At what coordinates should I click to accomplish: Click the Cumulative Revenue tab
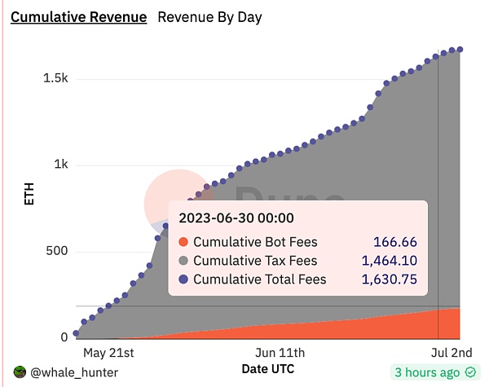(x=78, y=17)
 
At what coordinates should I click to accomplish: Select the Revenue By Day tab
(x=209, y=17)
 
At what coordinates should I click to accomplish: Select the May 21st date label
(x=108, y=353)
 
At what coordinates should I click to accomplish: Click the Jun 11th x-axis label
(x=280, y=353)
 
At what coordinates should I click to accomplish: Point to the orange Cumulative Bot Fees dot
(x=183, y=242)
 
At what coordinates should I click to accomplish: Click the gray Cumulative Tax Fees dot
(x=183, y=261)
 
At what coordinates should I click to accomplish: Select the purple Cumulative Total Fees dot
(x=183, y=279)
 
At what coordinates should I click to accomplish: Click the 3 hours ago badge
(x=434, y=372)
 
